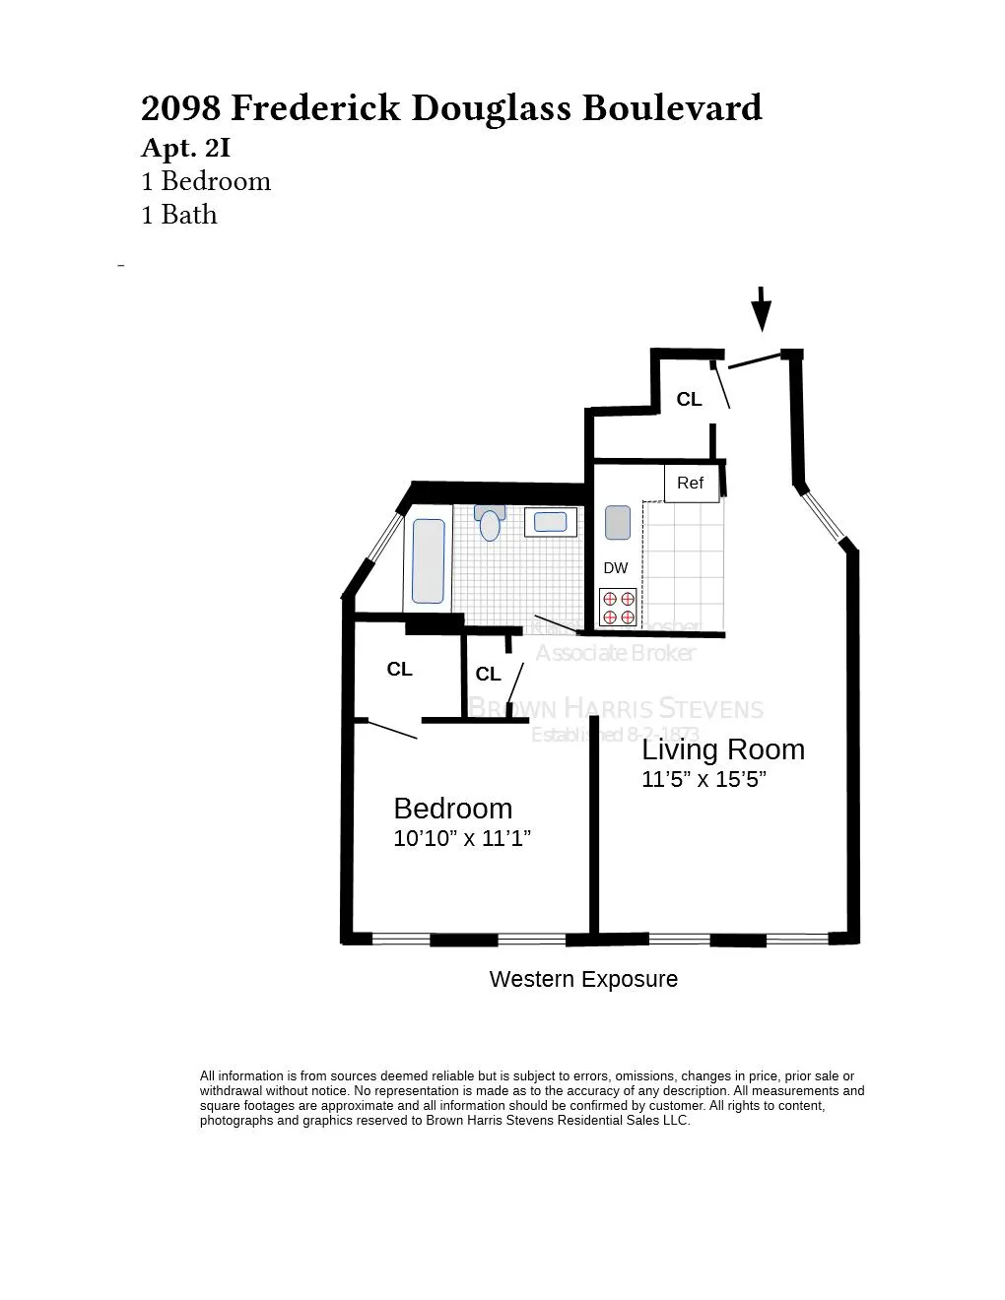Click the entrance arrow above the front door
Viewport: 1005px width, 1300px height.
tap(761, 308)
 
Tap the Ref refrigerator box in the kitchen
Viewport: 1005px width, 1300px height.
tap(691, 483)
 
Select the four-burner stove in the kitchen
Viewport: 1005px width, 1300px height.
tap(618, 607)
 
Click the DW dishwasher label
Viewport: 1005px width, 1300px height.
tap(616, 568)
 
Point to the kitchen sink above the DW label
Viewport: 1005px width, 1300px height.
tap(617, 522)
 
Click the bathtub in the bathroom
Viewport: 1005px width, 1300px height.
tap(428, 560)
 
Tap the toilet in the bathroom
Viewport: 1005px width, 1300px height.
tap(490, 523)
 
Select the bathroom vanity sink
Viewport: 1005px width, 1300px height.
tap(550, 521)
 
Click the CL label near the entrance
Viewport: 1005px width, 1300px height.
tap(689, 399)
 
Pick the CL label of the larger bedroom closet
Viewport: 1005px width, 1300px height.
tap(399, 670)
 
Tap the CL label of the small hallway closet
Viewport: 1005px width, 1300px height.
tap(488, 675)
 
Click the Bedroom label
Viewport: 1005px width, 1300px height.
tap(452, 809)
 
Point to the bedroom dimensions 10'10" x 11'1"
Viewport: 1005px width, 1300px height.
tap(462, 838)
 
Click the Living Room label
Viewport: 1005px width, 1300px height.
tap(723, 749)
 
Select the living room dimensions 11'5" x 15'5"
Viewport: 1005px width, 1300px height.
tap(703, 779)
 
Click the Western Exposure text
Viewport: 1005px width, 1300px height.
tap(583, 979)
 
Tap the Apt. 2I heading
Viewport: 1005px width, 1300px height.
tap(186, 148)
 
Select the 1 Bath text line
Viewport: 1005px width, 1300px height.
tap(179, 215)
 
